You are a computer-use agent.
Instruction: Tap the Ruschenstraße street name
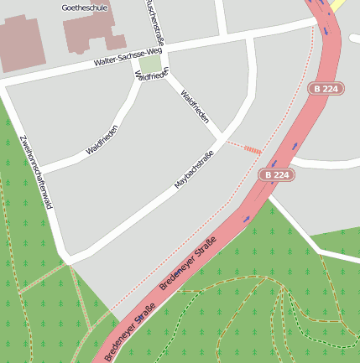pyautogui.click(x=154, y=20)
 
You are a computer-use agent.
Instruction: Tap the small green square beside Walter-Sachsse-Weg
pyautogui.click(x=149, y=65)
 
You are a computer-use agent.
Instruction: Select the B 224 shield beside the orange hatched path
pyautogui.click(x=277, y=175)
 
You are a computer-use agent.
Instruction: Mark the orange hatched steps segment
pyautogui.click(x=252, y=148)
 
